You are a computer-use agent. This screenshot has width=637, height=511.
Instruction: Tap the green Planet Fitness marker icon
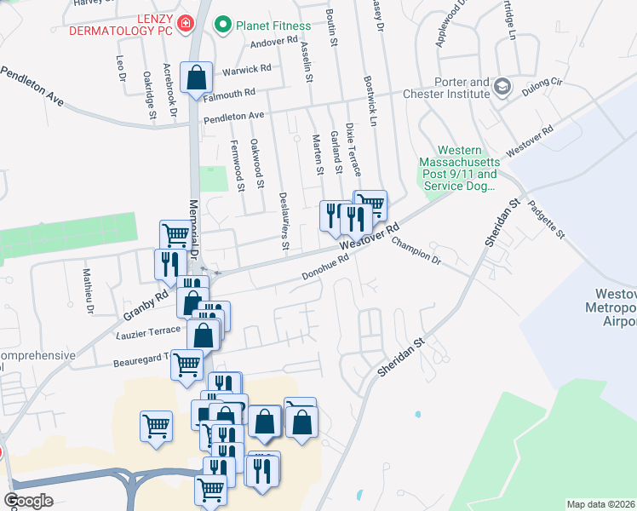tap(223, 26)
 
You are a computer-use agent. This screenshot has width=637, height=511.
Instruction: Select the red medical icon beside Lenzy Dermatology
tap(185, 26)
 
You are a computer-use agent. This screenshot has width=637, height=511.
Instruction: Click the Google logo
tap(28, 501)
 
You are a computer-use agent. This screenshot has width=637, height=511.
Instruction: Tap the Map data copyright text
tap(601, 504)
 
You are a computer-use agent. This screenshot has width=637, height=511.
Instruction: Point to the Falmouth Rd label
tap(230, 93)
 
